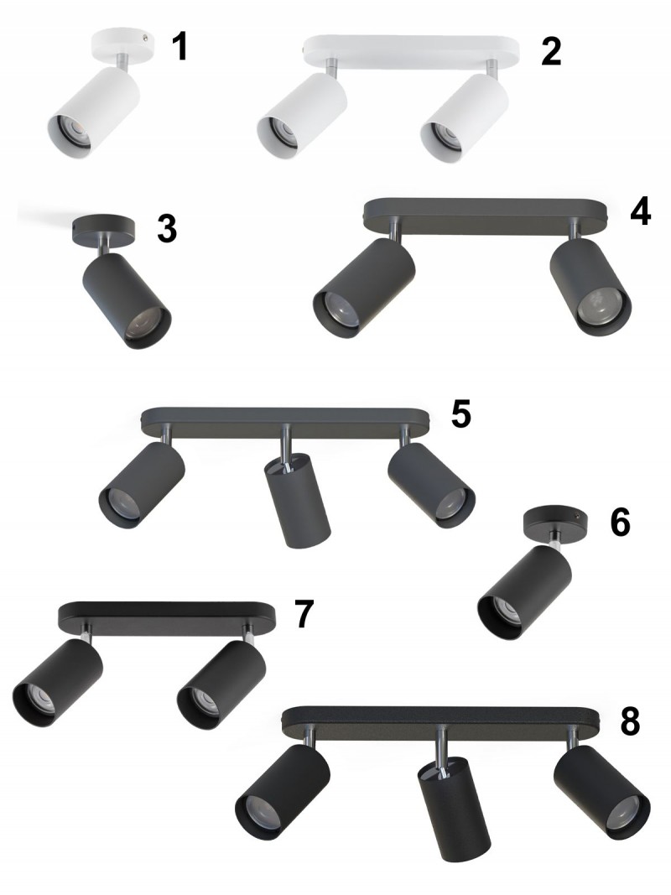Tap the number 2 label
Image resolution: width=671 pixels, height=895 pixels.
(551, 51)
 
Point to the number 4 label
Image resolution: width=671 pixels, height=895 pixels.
(641, 211)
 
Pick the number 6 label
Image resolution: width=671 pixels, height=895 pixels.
(620, 523)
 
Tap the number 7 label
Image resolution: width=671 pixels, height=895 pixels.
(304, 614)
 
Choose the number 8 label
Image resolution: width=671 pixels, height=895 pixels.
(630, 721)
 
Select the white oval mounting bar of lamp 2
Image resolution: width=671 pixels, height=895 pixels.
(412, 51)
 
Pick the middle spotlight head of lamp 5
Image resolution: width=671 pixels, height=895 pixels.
(298, 500)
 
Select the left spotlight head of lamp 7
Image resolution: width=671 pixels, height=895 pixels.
(57, 683)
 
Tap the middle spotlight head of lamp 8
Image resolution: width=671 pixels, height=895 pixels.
(454, 809)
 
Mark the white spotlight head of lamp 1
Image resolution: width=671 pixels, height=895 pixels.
(93, 111)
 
